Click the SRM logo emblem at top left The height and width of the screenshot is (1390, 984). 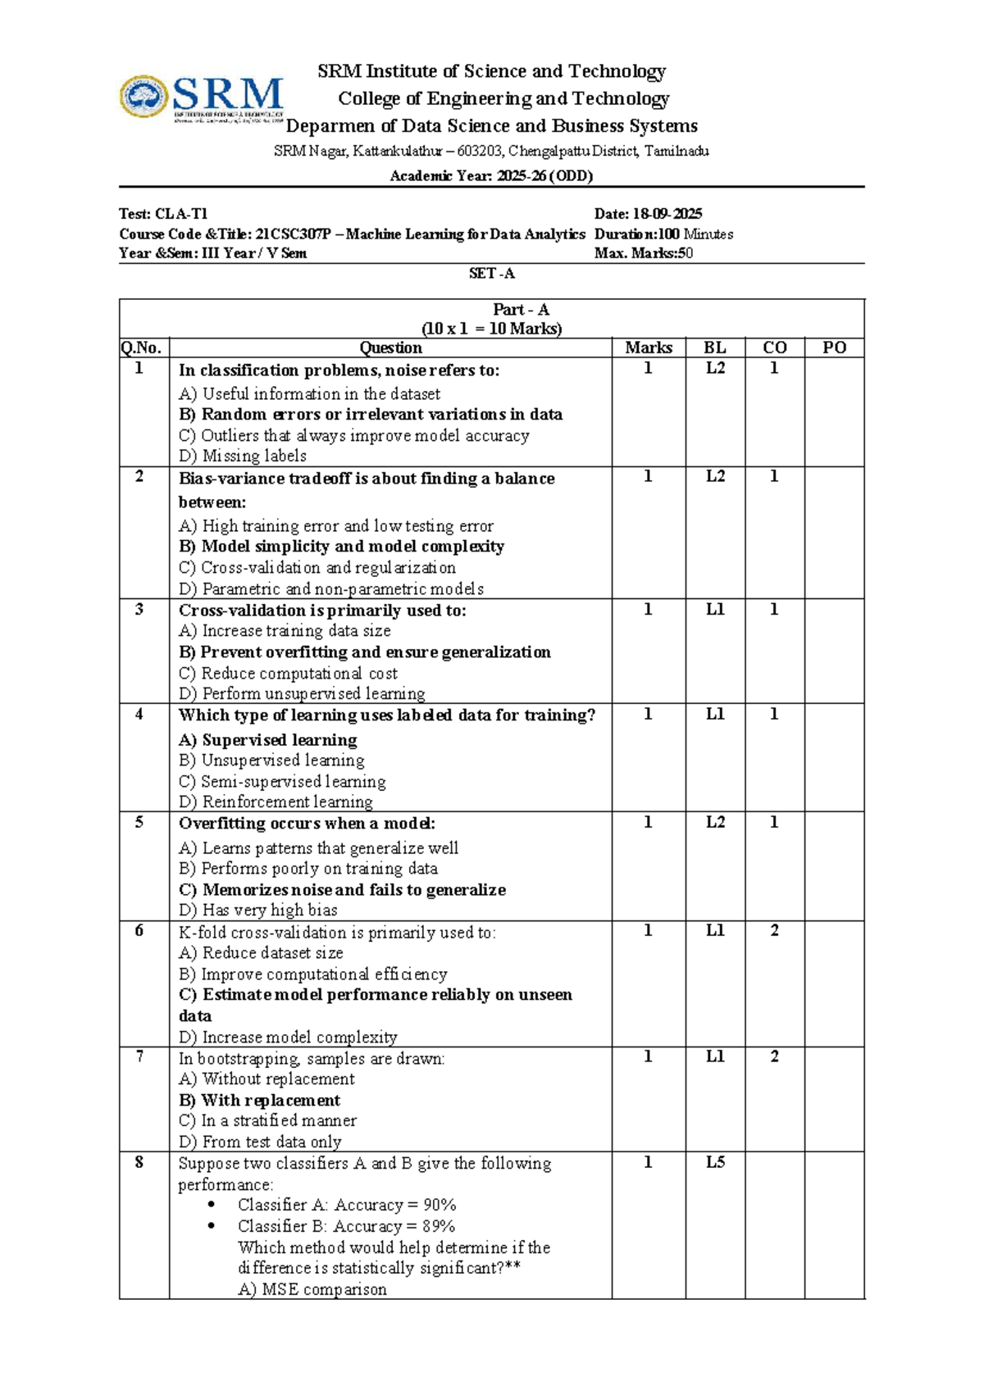[145, 97]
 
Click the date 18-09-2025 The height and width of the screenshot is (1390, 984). [666, 214]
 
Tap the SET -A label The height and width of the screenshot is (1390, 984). [491, 274]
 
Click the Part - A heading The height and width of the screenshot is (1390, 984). [521, 310]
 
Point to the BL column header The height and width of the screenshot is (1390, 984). [715, 347]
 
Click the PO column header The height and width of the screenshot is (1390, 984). [834, 347]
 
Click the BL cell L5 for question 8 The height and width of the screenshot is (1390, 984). [715, 1162]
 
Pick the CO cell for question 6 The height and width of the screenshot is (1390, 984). [774, 931]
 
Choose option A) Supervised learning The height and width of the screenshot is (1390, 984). [268, 740]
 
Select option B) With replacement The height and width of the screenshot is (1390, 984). [259, 1101]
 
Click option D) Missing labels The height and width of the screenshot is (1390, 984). [243, 456]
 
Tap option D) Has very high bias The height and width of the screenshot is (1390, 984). [258, 911]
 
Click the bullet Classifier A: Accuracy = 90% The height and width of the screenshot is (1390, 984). [346, 1206]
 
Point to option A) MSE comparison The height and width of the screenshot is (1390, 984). [312, 1289]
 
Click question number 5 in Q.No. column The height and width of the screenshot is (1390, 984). [139, 823]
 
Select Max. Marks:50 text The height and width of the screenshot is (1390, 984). [644, 253]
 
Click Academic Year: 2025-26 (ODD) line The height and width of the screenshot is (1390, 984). [491, 175]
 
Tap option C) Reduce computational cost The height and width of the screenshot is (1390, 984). [288, 674]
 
